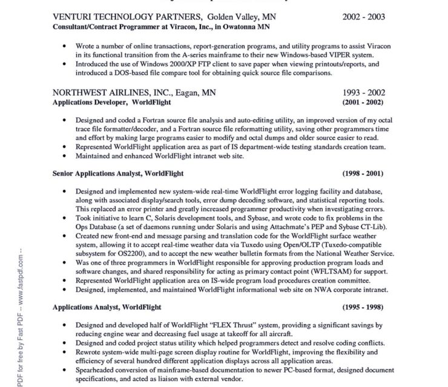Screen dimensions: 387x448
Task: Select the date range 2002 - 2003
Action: pyautogui.click(x=364, y=17)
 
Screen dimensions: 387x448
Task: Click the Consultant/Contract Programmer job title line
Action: pyautogui.click(x=162, y=27)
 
